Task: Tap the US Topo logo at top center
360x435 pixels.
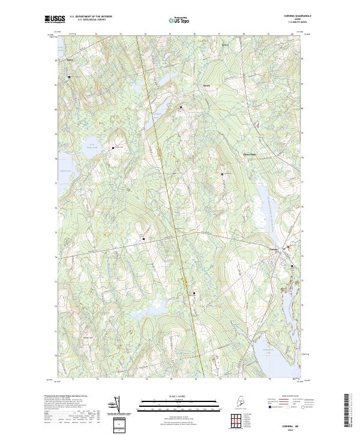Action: (178, 20)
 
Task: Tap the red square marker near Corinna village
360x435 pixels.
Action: (287, 247)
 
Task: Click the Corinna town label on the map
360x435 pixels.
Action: (274, 250)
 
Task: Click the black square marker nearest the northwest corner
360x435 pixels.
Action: (69, 77)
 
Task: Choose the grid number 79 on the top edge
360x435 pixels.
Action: (268, 34)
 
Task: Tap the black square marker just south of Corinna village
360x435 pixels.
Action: (292, 266)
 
